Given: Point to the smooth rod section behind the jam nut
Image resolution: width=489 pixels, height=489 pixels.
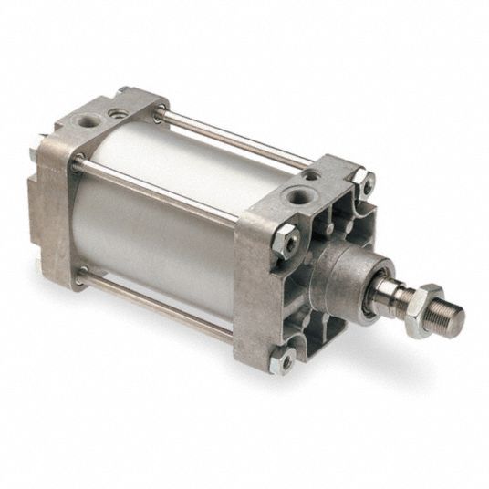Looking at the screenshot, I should click(388, 294).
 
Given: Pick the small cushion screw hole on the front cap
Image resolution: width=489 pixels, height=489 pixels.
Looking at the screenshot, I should click(313, 175).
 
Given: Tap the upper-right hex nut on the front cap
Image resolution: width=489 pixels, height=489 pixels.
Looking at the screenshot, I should click(362, 182).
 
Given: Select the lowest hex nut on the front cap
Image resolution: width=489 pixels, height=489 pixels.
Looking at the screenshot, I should click(287, 362).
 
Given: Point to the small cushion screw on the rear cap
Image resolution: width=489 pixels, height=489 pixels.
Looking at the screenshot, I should click(119, 110).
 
